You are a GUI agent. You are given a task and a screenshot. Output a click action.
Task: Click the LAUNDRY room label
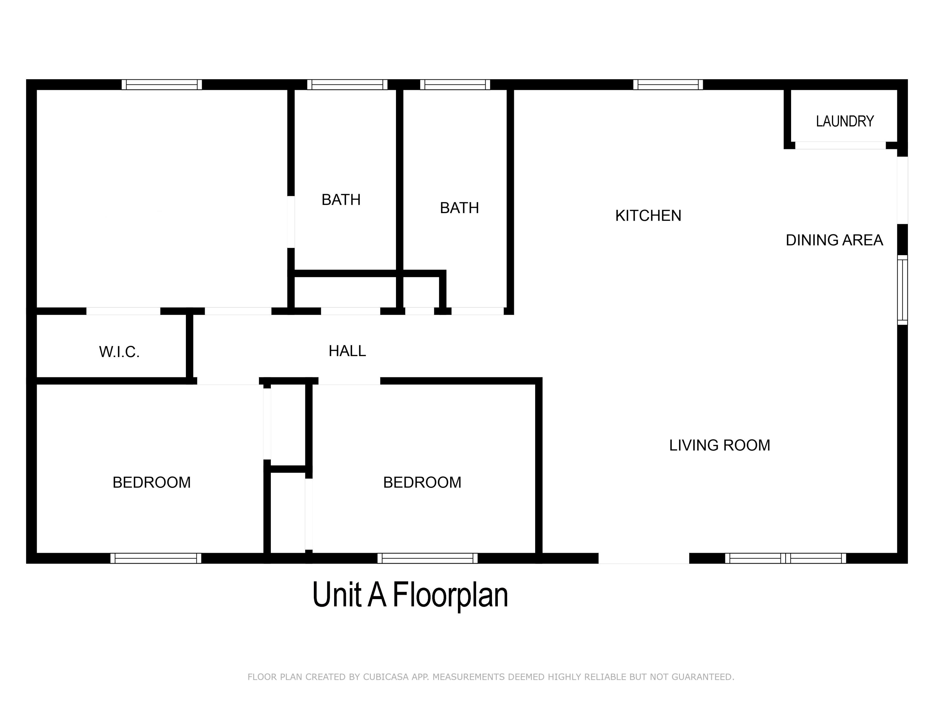tap(844, 122)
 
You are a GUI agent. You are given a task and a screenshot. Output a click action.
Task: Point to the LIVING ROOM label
tap(719, 445)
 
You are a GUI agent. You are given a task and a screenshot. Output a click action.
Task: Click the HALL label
tap(347, 351)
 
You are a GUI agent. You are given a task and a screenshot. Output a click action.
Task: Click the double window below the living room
tap(785, 558)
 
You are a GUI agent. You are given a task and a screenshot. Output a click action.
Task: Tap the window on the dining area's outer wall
tap(902, 290)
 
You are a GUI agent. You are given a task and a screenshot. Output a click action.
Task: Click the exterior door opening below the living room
tap(644, 558)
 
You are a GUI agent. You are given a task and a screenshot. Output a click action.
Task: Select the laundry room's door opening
tap(840, 145)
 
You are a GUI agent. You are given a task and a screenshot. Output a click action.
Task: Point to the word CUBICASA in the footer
tap(385, 677)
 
